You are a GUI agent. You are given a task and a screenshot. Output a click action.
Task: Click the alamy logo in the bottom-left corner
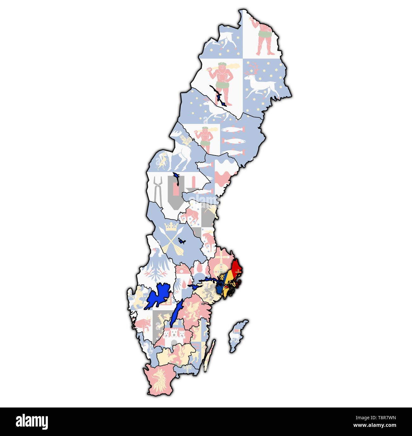(x=32, y=422)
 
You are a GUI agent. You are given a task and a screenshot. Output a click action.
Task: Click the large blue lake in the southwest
(x=158, y=296)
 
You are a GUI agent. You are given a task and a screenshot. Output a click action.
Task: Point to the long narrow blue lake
(x=176, y=313)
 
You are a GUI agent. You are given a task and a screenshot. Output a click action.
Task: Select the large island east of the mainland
(x=238, y=336)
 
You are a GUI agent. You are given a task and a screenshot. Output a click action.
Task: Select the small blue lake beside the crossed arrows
(x=181, y=241)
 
